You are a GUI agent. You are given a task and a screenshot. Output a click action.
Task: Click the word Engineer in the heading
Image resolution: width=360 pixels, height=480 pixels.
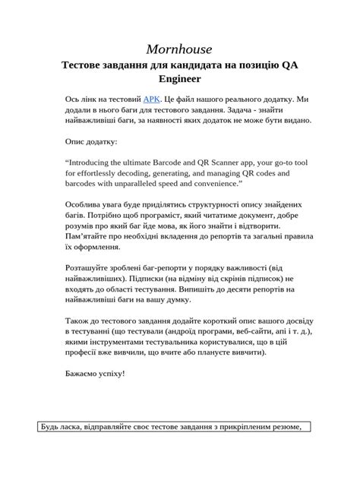(179, 78)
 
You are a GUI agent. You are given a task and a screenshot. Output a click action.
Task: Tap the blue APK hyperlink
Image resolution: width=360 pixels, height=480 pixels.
(153, 99)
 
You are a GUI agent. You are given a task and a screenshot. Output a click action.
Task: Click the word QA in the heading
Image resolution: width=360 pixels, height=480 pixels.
(289, 65)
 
